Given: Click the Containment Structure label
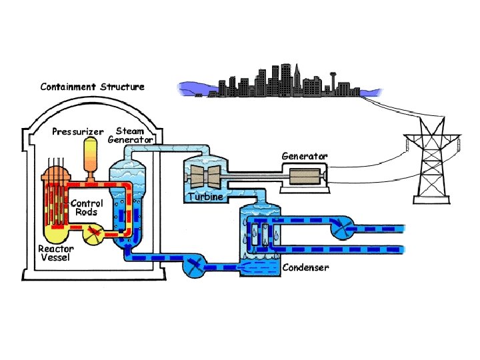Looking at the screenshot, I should (92, 87).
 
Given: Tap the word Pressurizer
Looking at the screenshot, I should (79, 131).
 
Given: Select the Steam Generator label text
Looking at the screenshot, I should (131, 135).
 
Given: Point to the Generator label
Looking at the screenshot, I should (305, 155).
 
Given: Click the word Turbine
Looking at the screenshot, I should (205, 197).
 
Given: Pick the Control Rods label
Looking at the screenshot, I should (87, 207).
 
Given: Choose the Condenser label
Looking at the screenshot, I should (306, 267).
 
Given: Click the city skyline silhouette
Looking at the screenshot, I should (273, 83).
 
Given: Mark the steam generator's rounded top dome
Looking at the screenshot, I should (130, 157).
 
